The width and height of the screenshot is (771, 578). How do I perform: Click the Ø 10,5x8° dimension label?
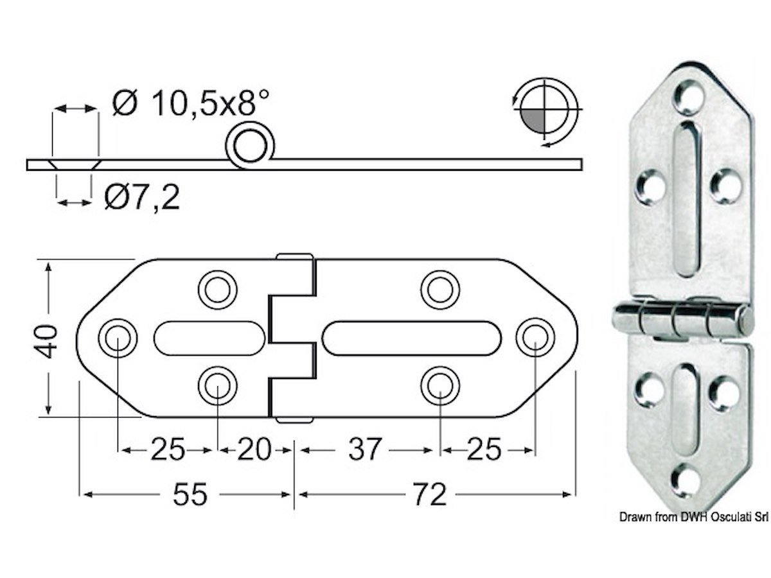[191, 103]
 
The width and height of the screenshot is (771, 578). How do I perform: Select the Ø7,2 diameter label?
[142, 198]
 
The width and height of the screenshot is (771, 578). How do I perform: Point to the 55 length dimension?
[190, 495]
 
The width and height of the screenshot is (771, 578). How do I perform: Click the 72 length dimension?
[430, 495]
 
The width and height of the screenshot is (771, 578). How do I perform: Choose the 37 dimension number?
[364, 450]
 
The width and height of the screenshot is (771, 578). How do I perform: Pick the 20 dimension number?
[254, 450]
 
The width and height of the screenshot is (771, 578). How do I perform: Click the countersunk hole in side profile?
[75, 165]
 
